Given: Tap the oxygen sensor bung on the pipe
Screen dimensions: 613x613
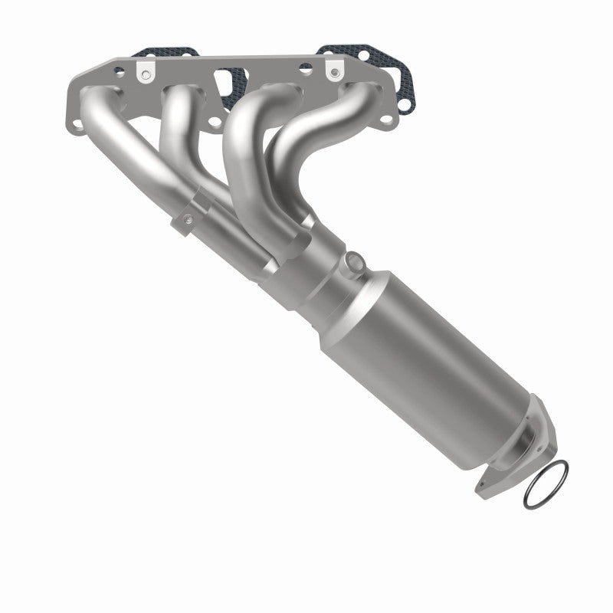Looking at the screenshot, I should [x=353, y=261].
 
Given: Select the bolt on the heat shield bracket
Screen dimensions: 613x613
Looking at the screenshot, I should [x=187, y=221].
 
